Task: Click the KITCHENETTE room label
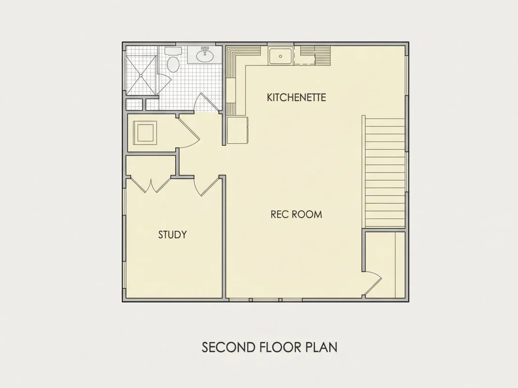coord(296,97)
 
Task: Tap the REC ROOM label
coord(296,214)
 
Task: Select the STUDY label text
coord(172,235)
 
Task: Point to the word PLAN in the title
coord(322,348)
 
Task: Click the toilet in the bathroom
coord(173,64)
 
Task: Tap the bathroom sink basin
coord(205,55)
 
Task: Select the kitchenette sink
coord(280,56)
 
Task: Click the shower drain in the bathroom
coord(141,76)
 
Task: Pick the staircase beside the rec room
coord(385,172)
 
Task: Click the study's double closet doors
coord(151,185)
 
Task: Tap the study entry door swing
coord(207,186)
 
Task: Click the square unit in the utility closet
coord(145,133)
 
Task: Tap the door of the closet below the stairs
coord(372,283)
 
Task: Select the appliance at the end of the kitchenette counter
coord(238,130)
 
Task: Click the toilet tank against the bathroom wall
coord(173,51)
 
